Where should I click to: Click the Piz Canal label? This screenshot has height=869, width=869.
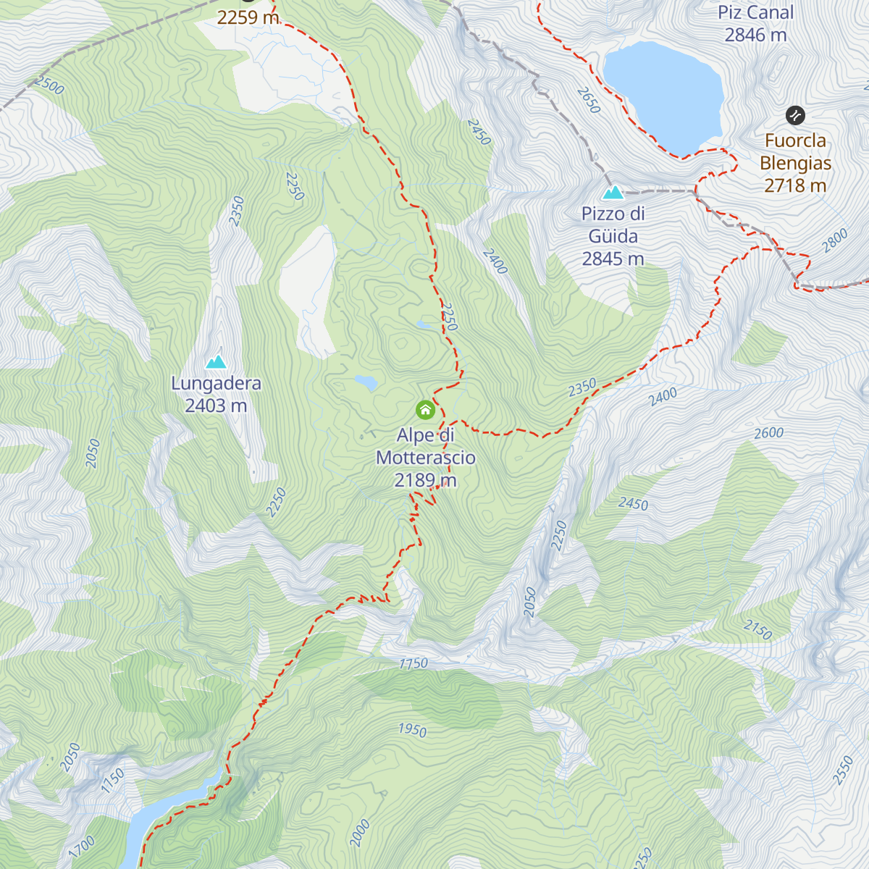755,13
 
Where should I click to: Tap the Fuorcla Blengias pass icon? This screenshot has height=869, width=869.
795,115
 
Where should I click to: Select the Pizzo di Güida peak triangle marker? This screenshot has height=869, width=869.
613,193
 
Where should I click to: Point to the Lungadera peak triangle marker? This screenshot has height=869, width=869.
216,362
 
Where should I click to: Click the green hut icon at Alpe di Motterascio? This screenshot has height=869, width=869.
425,410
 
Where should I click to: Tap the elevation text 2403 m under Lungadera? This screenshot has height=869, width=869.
216,406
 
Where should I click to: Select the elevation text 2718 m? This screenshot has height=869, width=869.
795,186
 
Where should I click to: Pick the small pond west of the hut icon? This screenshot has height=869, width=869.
366,382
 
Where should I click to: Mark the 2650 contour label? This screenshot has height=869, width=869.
589,100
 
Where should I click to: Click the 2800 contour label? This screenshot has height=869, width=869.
834,240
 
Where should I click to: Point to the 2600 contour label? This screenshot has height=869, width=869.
768,433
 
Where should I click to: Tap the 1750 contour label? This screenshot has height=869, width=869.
413,663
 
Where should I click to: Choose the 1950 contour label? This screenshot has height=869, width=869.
412,729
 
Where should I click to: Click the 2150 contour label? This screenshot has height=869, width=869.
757,629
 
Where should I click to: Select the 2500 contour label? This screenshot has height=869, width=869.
49,85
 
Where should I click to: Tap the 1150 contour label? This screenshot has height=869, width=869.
113,781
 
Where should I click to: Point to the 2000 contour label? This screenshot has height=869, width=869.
360,833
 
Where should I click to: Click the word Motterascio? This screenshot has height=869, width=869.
426,458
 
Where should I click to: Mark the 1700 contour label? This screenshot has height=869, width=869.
83,847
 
